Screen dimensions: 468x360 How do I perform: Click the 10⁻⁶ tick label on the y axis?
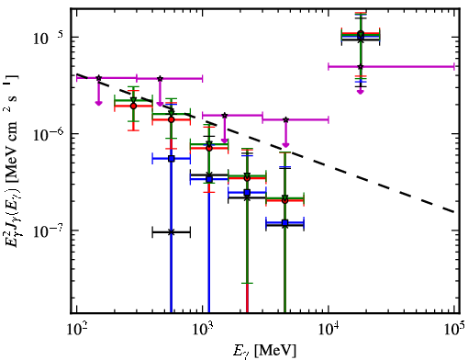tap(48, 134)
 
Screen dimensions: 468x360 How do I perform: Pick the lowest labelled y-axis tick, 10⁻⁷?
tap(48, 231)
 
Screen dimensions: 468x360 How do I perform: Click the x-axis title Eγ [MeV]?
tap(264, 351)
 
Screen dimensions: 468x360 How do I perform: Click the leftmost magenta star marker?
tap(98, 78)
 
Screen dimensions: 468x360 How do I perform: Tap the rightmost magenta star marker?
tap(361, 66)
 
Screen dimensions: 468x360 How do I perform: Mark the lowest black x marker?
tap(172, 232)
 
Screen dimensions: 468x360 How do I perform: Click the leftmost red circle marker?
tap(133, 106)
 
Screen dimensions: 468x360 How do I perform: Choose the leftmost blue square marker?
tap(172, 159)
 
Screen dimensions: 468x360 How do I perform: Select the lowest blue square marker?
tap(285, 222)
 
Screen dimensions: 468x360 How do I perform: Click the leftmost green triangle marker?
tap(133, 100)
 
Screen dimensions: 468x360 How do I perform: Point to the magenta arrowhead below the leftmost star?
tap(98, 103)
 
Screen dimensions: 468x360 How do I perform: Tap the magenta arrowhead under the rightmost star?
tap(361, 91)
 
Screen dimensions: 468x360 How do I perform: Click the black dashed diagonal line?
tap(265, 143)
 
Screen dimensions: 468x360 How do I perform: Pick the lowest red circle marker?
tap(285, 201)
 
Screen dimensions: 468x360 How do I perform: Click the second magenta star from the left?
tap(160, 79)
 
